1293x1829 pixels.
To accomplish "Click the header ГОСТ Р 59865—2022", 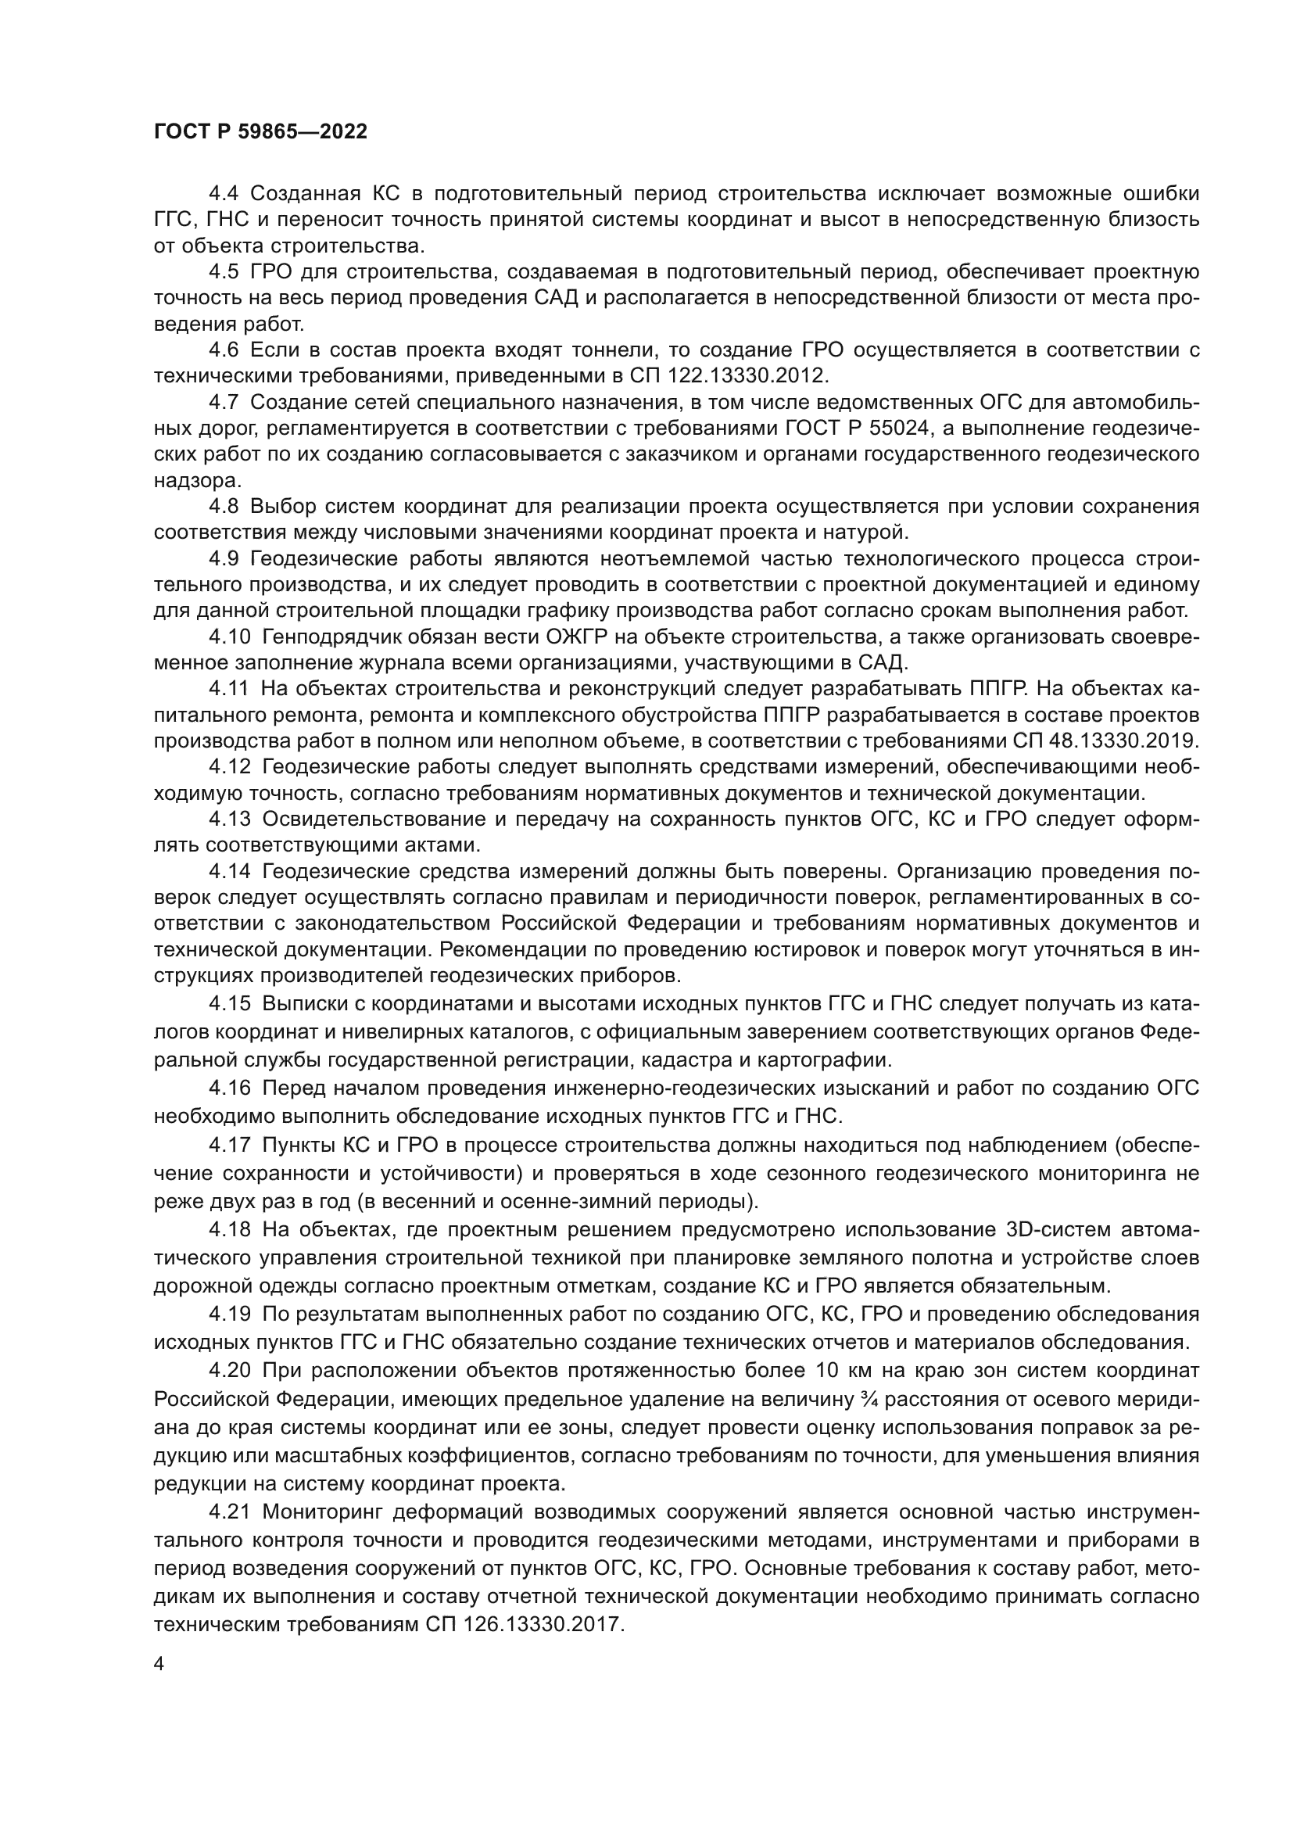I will tap(260, 132).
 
